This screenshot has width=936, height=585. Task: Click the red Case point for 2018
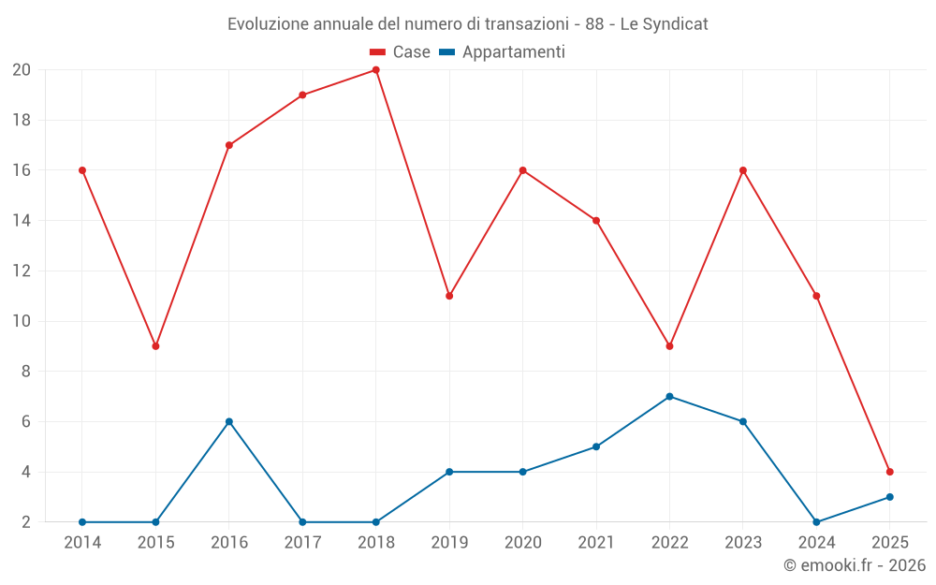375,70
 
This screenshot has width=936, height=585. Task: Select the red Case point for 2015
155,346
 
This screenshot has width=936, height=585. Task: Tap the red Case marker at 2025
889,472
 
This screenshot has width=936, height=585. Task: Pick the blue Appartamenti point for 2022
669,397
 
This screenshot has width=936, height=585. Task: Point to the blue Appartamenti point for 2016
228,421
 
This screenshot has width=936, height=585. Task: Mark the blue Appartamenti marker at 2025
889,497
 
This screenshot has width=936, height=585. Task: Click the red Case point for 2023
742,170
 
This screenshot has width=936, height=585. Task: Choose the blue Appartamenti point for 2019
449,472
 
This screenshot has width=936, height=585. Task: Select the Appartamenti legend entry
503,52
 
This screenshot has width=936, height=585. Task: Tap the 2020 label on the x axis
522,542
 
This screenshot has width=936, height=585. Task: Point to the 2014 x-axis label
82,542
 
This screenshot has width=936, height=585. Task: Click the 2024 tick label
816,542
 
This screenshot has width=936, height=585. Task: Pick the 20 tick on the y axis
22,70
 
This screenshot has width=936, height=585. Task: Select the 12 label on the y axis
22,271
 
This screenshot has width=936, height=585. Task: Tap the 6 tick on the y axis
26,422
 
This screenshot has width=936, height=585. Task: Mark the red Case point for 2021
596,221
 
